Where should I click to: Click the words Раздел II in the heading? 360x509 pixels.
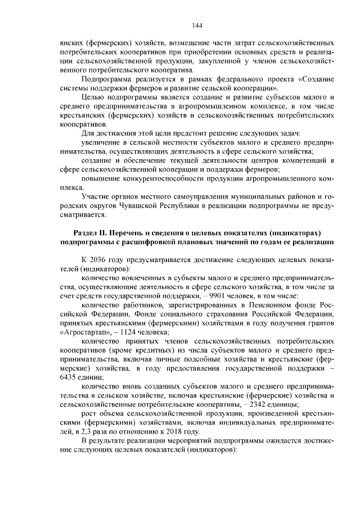pos(93,233)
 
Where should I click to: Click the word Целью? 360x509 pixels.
pos(92,97)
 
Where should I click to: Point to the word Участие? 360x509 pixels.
pos(96,196)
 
